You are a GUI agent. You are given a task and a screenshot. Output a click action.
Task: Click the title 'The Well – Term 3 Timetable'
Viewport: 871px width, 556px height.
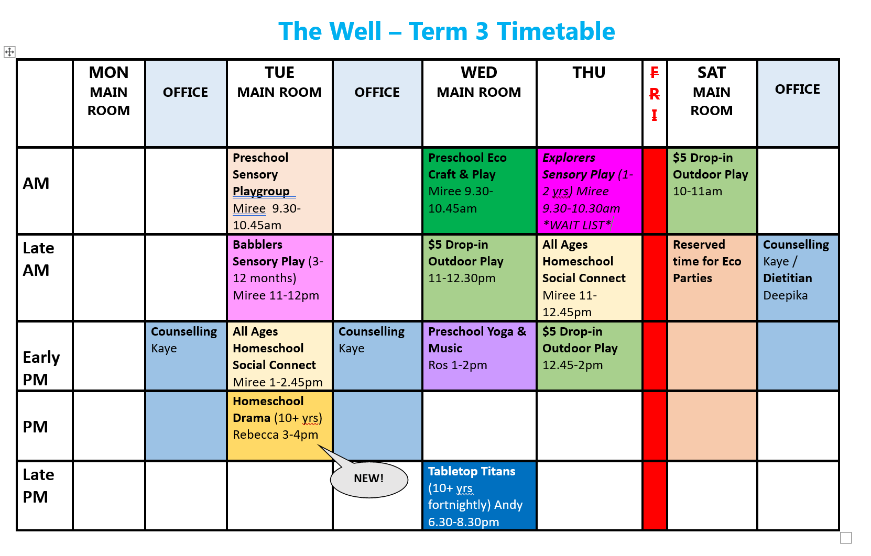click(x=447, y=31)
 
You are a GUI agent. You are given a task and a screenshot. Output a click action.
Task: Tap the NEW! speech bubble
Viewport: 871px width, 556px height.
click(x=369, y=479)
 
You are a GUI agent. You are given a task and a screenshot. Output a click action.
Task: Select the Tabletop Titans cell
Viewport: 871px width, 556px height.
click(x=479, y=496)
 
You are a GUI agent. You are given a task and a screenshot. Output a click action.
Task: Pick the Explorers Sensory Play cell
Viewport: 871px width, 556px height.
click(x=589, y=191)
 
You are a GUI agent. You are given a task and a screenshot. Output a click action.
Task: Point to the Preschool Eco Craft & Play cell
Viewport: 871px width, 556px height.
click(x=479, y=191)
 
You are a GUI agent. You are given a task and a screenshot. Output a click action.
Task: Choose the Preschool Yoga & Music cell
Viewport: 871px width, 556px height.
click(x=479, y=356)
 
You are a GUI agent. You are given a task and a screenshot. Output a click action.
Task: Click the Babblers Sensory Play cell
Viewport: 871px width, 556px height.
click(x=279, y=277)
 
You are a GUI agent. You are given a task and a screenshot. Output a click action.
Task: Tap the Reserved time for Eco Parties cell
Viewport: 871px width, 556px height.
click(x=712, y=277)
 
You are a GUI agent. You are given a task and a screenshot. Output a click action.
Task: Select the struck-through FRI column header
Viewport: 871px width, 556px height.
click(x=655, y=94)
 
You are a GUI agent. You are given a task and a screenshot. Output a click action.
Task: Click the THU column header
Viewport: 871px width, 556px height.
click(x=589, y=73)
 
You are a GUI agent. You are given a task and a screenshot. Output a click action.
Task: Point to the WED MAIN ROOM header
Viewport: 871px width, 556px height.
click(x=479, y=82)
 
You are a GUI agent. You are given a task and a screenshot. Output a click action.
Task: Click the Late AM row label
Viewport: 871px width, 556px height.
click(x=39, y=259)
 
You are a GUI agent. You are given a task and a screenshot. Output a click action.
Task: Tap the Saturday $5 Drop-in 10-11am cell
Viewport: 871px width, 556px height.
click(x=712, y=191)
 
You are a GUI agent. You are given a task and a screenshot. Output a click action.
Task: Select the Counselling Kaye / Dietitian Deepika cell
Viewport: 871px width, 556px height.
click(x=798, y=277)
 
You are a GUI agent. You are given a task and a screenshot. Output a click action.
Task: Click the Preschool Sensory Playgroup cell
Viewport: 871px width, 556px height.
click(x=279, y=191)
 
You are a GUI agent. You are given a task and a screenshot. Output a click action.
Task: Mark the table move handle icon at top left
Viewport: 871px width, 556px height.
click(x=9, y=52)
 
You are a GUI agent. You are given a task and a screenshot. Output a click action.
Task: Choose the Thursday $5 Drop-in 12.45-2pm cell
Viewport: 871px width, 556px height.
click(x=589, y=356)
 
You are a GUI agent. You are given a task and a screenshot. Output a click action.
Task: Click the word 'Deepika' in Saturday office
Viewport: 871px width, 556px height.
click(x=786, y=296)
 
